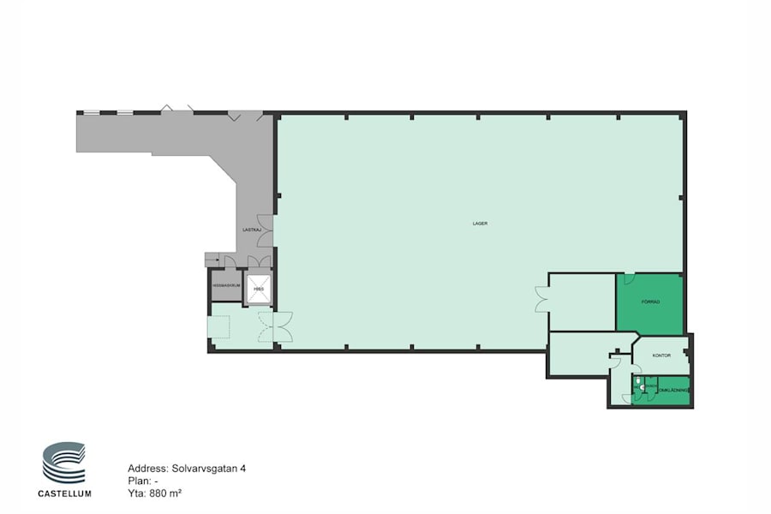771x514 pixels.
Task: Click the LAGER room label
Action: (x=480, y=224)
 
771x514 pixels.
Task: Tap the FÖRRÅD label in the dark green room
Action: (x=649, y=302)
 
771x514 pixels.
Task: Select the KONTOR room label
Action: (x=660, y=355)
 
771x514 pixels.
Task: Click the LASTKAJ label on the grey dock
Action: (x=252, y=230)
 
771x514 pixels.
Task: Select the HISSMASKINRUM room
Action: (x=225, y=286)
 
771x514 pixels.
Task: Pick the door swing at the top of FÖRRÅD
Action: (x=628, y=278)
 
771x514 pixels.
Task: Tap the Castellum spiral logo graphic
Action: (x=64, y=463)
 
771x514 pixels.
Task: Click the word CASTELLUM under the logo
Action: (x=64, y=493)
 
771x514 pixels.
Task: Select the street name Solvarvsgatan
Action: (x=200, y=469)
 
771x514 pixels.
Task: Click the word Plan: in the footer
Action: (x=139, y=481)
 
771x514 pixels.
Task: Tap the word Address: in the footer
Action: (x=147, y=469)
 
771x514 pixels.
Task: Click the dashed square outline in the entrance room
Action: (x=219, y=327)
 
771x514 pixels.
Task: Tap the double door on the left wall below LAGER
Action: (x=541, y=299)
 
